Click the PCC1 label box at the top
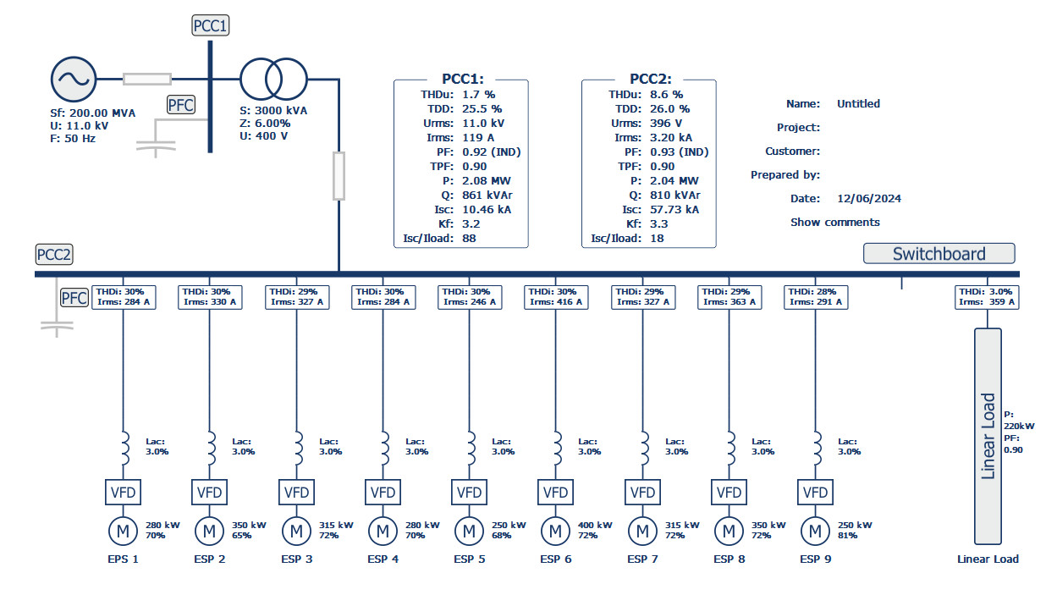(x=211, y=26)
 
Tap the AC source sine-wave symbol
(x=73, y=80)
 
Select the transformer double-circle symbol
(x=273, y=80)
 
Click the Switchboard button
(x=939, y=254)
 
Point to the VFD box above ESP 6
(x=555, y=493)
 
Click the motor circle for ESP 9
(x=815, y=531)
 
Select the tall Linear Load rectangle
(x=987, y=436)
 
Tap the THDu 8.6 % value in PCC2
(x=665, y=95)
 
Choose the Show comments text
(x=834, y=223)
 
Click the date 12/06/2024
(x=868, y=199)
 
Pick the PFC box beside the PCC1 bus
(x=180, y=105)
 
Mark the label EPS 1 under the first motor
(x=123, y=559)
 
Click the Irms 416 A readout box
(x=555, y=296)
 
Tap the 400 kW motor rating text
(x=592, y=525)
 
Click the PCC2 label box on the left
(x=54, y=255)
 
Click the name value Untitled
(x=858, y=104)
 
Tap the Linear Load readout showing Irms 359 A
(x=986, y=296)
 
